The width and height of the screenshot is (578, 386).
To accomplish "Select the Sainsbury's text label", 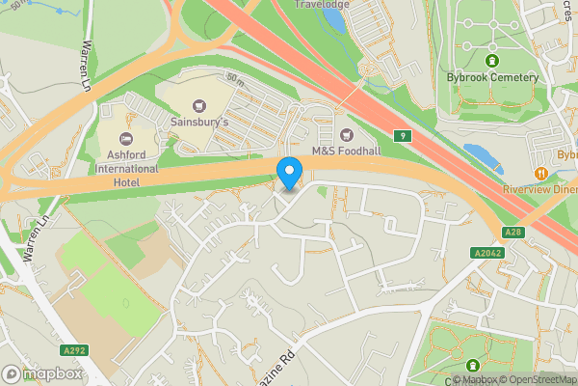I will coord(200,123).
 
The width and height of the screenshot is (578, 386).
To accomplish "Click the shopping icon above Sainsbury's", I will coord(199,105).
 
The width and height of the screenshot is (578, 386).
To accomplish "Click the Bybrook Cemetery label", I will coord(491,77).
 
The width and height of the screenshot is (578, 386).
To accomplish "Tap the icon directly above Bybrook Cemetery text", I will coord(491,61).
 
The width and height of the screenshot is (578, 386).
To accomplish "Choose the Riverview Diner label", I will coord(539,190).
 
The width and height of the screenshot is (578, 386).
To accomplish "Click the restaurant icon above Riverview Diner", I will coord(542,173).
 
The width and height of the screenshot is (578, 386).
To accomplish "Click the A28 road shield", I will coord(514,233).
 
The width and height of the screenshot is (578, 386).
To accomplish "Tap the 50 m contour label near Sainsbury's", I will coord(234,76).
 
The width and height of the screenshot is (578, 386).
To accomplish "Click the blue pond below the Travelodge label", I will coord(334,20).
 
